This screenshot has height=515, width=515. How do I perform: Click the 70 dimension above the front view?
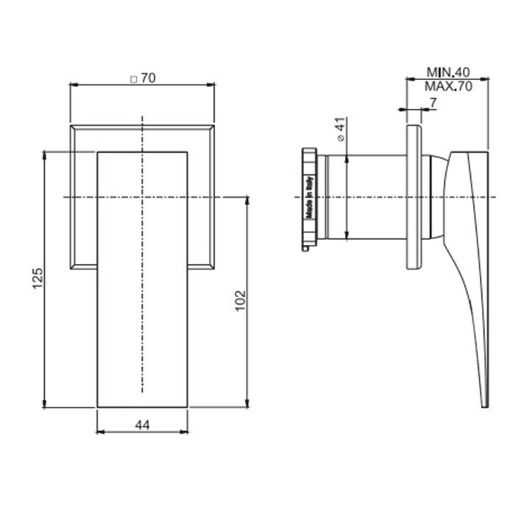(148, 79)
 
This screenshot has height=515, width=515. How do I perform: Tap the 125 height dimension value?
(38, 279)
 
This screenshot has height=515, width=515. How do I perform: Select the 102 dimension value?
(241, 300)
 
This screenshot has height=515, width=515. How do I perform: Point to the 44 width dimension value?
(142, 425)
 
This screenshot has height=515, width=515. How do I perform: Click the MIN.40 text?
(448, 72)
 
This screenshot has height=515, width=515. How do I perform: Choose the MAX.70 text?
(448, 86)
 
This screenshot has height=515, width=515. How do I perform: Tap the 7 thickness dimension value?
(433, 103)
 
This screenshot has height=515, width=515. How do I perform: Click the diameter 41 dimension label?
(341, 129)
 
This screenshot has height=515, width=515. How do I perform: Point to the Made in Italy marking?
(310, 197)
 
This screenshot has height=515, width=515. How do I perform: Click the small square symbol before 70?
(134, 79)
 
